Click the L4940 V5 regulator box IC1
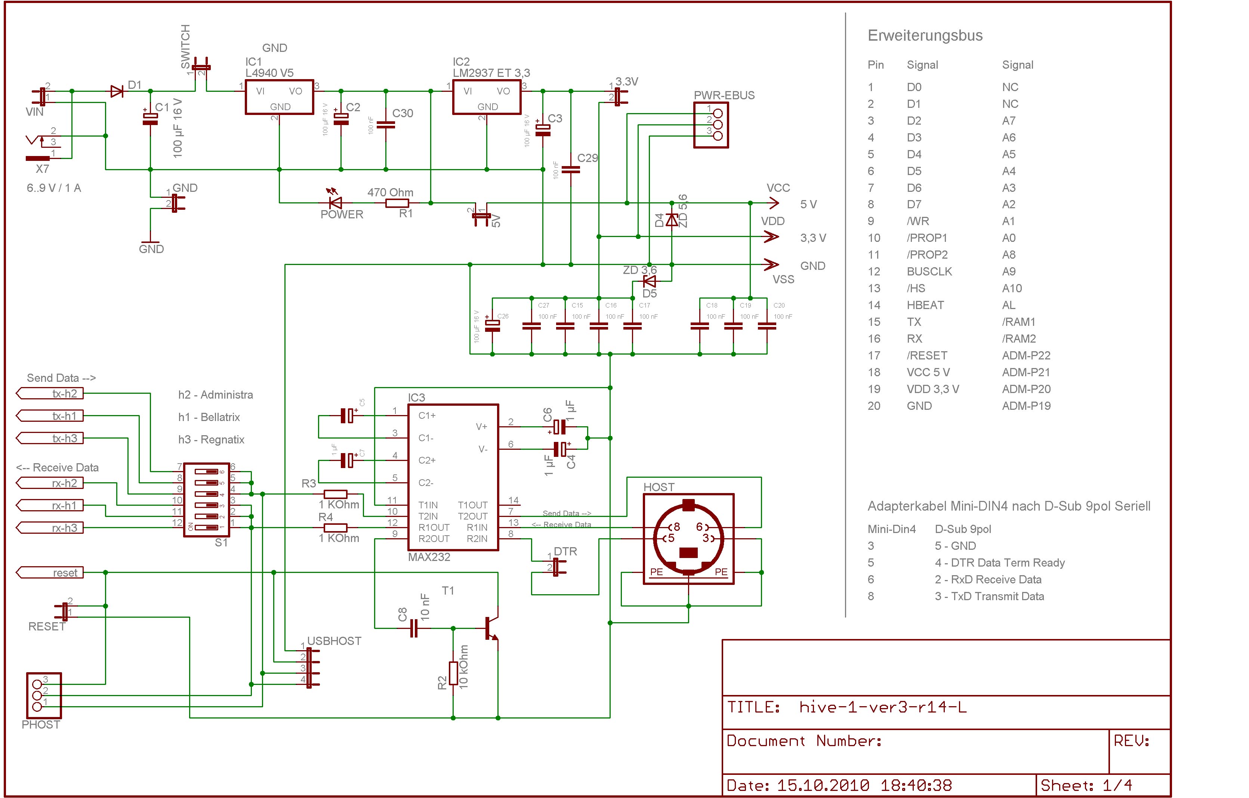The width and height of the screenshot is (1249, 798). click(x=279, y=97)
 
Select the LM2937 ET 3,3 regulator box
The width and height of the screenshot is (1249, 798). click(x=487, y=97)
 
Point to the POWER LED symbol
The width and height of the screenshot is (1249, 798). click(x=336, y=203)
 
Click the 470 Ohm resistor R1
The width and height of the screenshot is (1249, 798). click(x=397, y=203)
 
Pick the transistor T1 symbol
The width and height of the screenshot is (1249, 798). click(x=491, y=628)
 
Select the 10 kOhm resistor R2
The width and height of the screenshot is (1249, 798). click(x=453, y=673)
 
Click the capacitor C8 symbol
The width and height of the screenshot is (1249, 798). click(x=413, y=628)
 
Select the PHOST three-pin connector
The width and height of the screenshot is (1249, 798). click(x=44, y=695)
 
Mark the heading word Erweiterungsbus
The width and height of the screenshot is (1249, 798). click(x=925, y=36)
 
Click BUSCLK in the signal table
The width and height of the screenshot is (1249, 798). click(x=929, y=271)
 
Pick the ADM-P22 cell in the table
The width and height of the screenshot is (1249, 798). click(x=1026, y=355)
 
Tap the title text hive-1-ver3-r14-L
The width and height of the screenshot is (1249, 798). click(x=883, y=707)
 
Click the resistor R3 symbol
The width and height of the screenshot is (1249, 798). click(x=335, y=494)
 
